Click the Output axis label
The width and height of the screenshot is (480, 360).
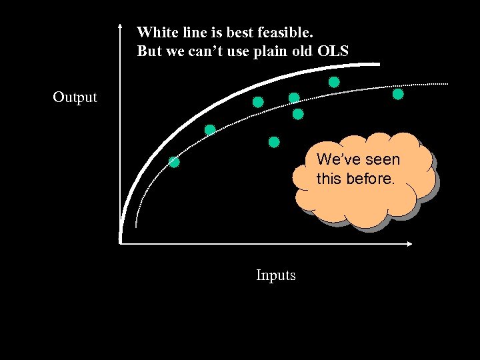(x=75, y=97)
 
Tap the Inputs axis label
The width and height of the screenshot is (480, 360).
(x=276, y=275)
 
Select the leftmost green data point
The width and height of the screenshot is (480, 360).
(x=174, y=161)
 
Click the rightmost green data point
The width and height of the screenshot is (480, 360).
(x=398, y=94)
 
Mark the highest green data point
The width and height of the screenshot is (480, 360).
(x=334, y=82)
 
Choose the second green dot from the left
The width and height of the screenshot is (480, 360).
(x=210, y=130)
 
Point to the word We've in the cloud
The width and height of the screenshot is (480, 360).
(x=337, y=160)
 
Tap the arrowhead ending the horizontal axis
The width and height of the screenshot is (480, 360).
(x=411, y=243)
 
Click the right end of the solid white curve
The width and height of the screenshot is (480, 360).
(x=378, y=64)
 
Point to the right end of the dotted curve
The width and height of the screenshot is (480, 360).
(x=447, y=84)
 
